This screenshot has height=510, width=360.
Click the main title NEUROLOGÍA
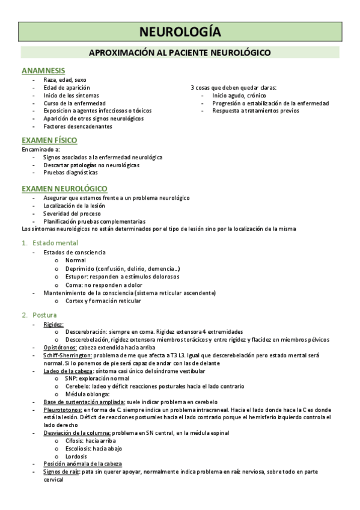click(180, 31)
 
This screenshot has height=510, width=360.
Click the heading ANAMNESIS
click(43, 71)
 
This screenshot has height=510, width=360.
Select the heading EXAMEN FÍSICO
click(49, 141)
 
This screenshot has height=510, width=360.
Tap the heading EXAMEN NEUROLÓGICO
click(64, 189)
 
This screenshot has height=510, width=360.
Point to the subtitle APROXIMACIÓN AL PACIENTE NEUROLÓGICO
click(180, 53)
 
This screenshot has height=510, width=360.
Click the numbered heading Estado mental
click(55, 243)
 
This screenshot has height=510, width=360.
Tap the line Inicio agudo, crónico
click(239, 96)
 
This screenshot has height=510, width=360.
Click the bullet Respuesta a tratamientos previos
click(255, 111)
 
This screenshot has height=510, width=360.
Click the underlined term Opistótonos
click(60, 348)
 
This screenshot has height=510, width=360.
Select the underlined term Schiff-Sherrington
click(66, 355)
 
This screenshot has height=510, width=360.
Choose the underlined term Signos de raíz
click(62, 472)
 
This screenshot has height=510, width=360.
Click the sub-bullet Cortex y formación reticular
click(103, 301)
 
